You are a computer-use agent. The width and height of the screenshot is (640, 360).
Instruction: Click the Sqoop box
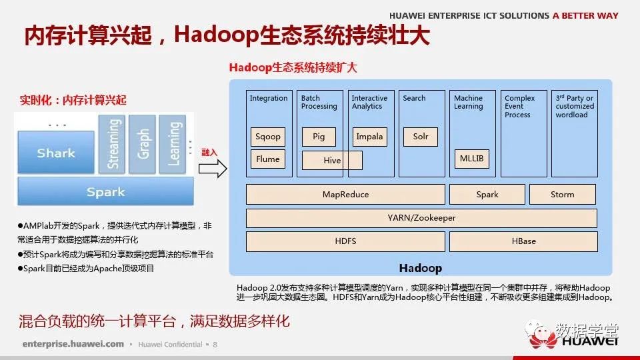(x=268, y=137)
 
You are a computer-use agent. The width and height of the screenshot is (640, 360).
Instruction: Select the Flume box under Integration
(x=268, y=159)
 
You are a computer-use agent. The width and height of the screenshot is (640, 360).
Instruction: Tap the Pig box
(x=319, y=137)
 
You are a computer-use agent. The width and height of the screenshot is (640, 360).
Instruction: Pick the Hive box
(x=332, y=161)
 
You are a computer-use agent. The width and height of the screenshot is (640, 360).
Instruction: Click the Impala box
(x=369, y=137)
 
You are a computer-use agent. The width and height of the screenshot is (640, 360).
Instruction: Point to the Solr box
(x=421, y=137)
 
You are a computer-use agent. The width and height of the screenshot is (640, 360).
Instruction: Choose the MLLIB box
(x=471, y=159)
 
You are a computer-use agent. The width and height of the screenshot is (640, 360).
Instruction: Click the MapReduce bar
(x=345, y=194)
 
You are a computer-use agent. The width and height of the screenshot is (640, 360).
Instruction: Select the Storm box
(x=563, y=194)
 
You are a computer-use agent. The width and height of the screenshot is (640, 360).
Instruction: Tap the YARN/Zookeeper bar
(x=421, y=218)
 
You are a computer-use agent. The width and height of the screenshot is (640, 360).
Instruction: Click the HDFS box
(x=345, y=241)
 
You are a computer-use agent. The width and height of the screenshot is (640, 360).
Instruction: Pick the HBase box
(x=524, y=241)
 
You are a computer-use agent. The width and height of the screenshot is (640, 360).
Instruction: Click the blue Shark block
(x=56, y=153)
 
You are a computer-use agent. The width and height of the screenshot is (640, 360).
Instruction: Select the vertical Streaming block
(x=112, y=144)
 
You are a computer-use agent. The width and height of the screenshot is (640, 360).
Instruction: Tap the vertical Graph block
(x=142, y=144)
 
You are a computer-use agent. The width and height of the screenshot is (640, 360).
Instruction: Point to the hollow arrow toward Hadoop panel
(x=213, y=169)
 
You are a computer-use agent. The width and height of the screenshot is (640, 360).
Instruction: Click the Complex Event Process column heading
(x=519, y=107)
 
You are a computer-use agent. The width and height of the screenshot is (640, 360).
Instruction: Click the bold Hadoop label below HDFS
(x=421, y=268)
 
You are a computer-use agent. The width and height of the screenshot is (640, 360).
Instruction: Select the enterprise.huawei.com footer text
(x=73, y=344)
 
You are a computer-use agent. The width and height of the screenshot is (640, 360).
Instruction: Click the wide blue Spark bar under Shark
(x=106, y=191)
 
